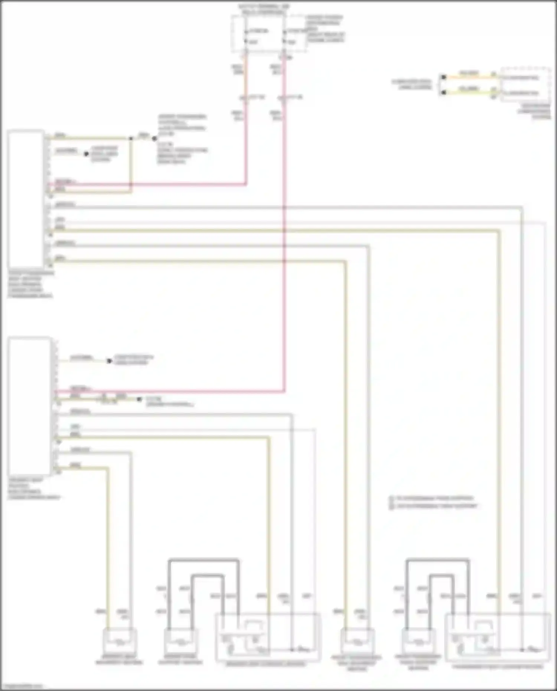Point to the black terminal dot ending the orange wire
443,77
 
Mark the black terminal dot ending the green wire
443,92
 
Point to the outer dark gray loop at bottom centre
203,560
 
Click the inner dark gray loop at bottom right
442,576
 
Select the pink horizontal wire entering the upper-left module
149,184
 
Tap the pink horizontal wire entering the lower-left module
167,391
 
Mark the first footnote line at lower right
433,498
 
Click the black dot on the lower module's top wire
109,361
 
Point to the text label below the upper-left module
30,284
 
